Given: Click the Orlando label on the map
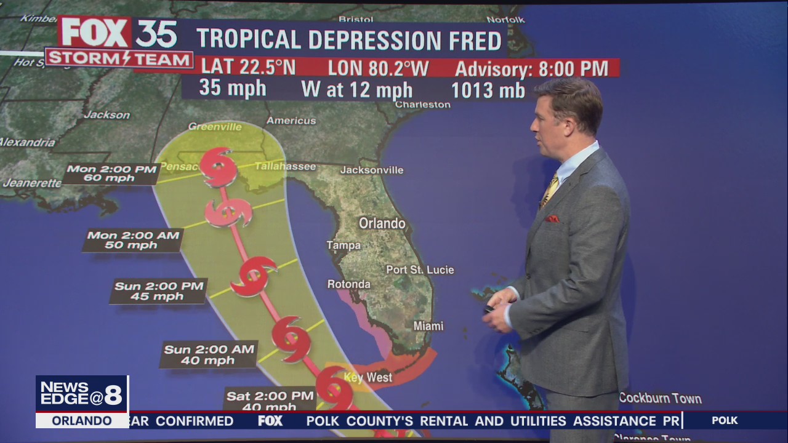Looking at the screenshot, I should (382, 223).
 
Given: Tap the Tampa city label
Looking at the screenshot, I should (344, 245).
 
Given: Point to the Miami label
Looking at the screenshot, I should (428, 325).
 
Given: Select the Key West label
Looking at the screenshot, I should (368, 377).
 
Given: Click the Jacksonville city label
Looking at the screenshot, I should (372, 170).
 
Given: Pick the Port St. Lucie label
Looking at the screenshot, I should (420, 269).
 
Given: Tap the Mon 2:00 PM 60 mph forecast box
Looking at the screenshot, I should (111, 174).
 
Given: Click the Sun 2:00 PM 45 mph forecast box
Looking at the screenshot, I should (158, 291).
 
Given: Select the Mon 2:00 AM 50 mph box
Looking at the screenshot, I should (133, 240).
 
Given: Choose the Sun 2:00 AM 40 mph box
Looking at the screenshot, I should (209, 354).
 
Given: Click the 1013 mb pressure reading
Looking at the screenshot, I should (488, 90).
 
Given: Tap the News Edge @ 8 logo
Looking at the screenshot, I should (82, 394).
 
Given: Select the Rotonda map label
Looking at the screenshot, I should (348, 284).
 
